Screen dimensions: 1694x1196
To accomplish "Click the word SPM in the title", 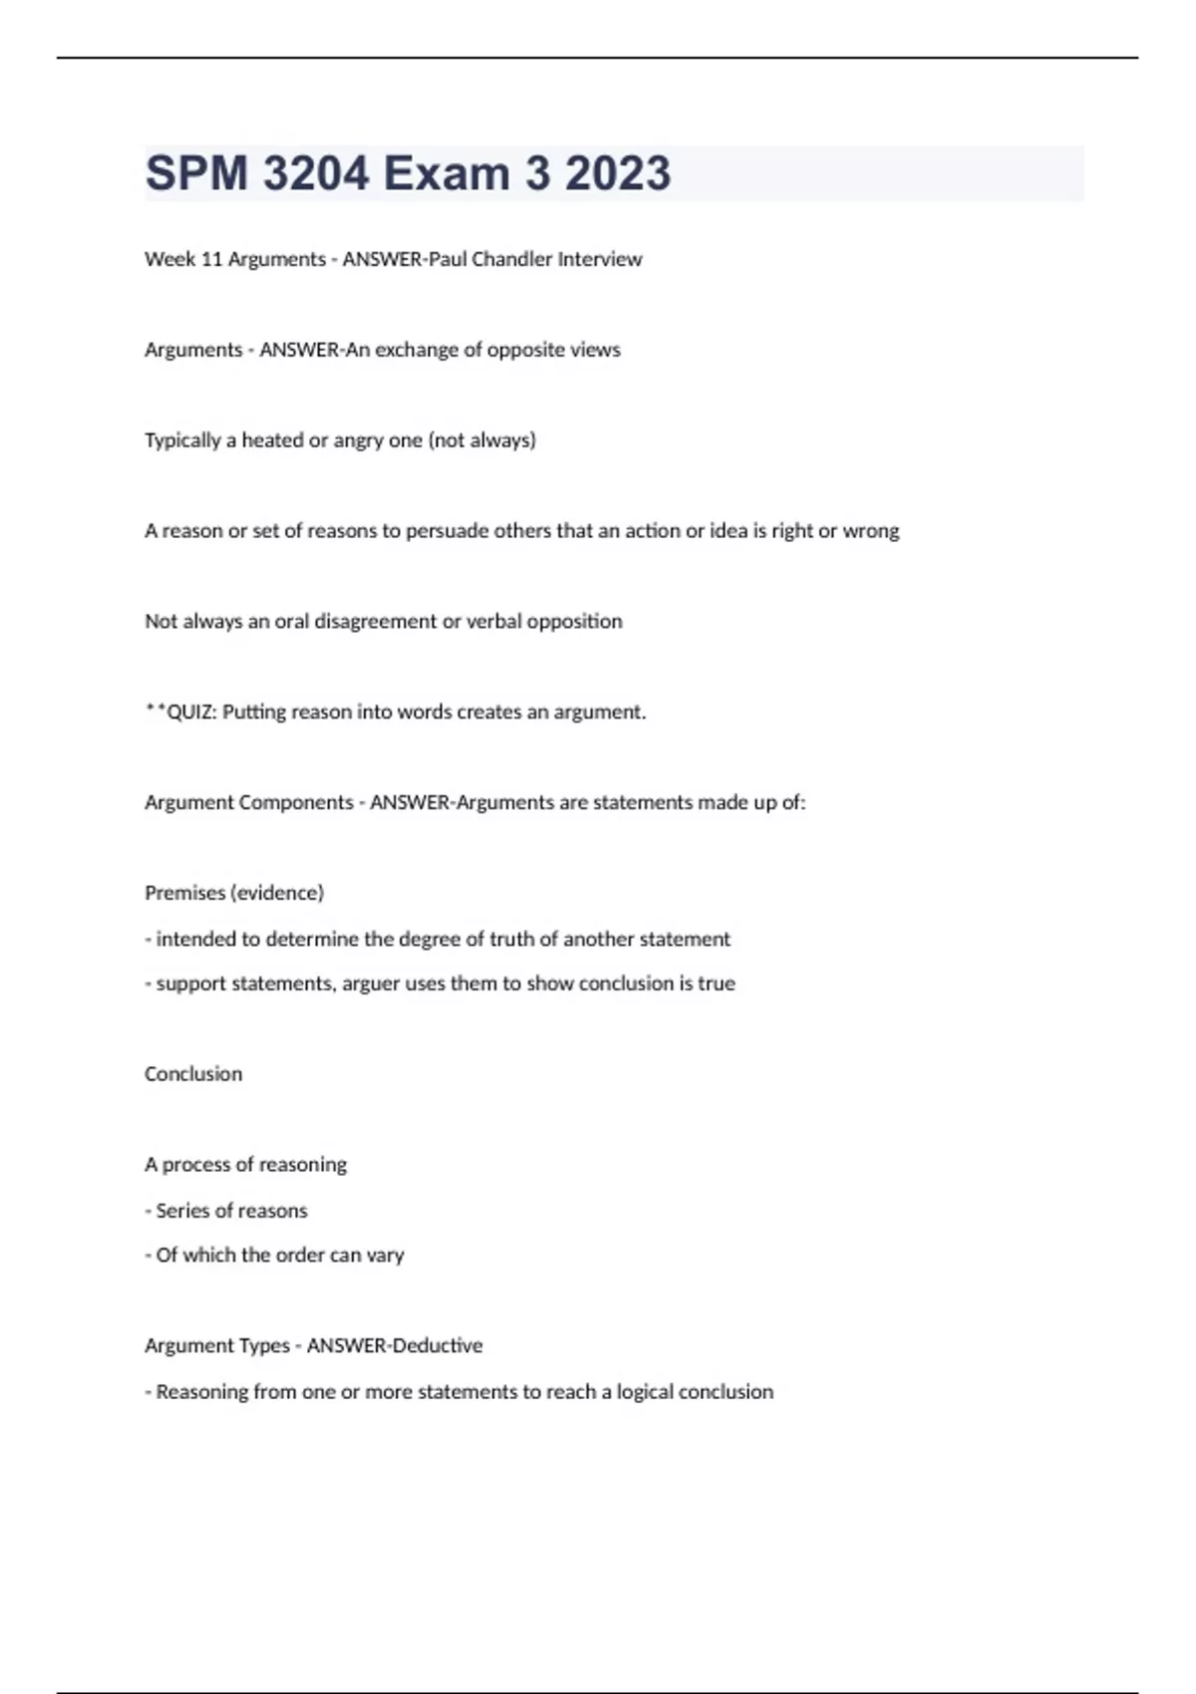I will pyautogui.click(x=196, y=173).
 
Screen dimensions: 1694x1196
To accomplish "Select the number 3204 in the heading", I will pyautogui.click(x=316, y=173).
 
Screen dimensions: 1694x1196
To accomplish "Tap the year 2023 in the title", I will pyautogui.click(x=618, y=173).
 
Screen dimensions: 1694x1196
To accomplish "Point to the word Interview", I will pyautogui.click(x=600, y=259).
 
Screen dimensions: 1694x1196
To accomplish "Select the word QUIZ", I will pyautogui.click(x=190, y=712).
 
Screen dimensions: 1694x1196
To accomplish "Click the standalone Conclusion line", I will pyautogui.click(x=193, y=1074).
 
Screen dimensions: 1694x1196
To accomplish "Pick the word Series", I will pyautogui.click(x=182, y=1211).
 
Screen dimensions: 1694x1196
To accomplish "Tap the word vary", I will pyautogui.click(x=385, y=1256).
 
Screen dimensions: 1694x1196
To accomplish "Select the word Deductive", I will pyautogui.click(x=439, y=1346).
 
